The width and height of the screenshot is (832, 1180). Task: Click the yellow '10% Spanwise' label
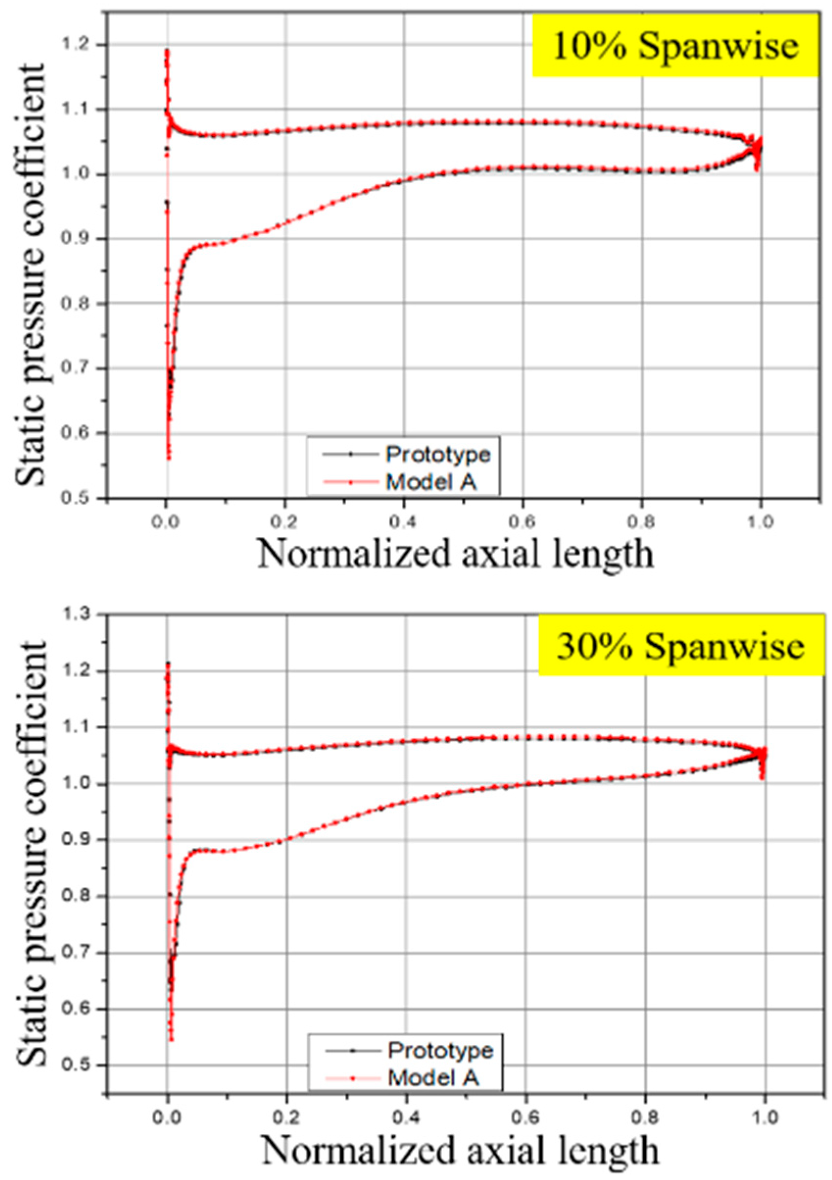(675, 46)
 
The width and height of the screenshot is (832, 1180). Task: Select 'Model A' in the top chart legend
(431, 482)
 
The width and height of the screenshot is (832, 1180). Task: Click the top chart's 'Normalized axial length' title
(456, 555)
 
